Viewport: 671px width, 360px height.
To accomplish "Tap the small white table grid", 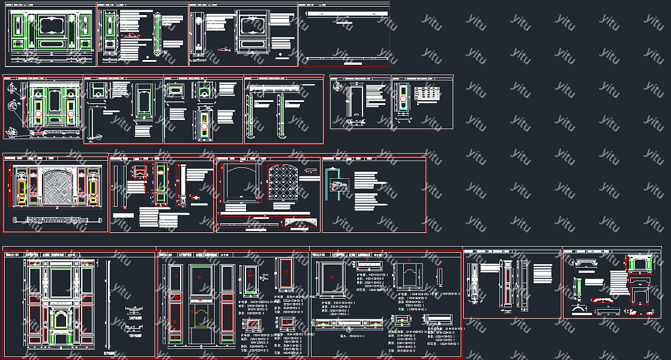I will [x=429, y=95].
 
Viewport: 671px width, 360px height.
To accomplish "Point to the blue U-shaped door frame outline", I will [x=334, y=182].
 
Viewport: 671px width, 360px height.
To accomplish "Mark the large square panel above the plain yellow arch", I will [x=202, y=280].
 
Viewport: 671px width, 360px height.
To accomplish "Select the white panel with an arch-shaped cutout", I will [x=409, y=278].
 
